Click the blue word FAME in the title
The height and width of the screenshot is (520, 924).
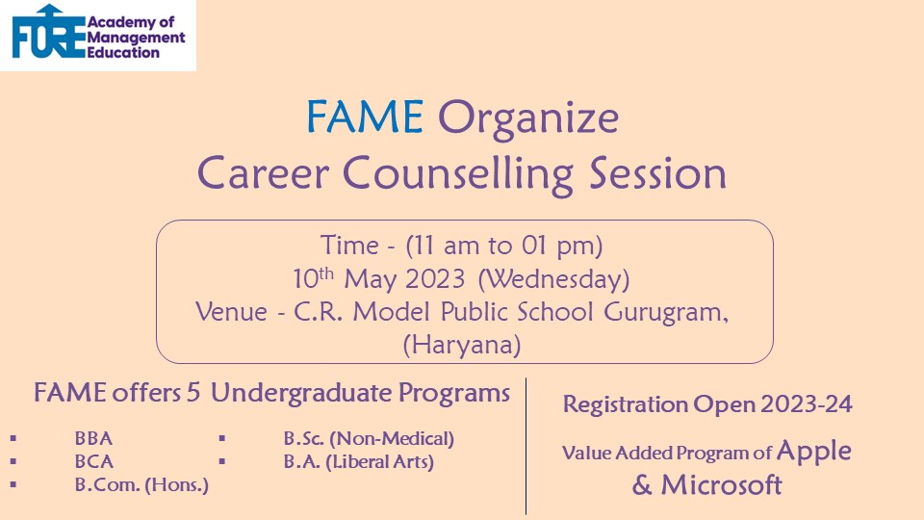[x=365, y=117]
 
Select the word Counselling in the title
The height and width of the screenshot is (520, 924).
[x=458, y=175]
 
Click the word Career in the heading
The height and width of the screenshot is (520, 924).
[x=263, y=173]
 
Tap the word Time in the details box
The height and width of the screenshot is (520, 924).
[x=349, y=245]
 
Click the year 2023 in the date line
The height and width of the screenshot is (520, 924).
[x=435, y=279]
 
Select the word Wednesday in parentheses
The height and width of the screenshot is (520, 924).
[x=554, y=279]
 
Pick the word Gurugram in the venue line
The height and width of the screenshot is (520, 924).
[x=666, y=312]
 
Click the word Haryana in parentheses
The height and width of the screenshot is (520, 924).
[x=462, y=345]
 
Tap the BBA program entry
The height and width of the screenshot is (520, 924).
[x=93, y=439]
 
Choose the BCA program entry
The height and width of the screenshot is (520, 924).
[x=93, y=461]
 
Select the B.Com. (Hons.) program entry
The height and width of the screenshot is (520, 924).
[x=141, y=484]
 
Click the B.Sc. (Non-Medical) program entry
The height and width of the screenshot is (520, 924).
[x=369, y=439]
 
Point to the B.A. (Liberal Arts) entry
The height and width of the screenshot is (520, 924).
[x=358, y=461]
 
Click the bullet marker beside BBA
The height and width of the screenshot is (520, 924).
[x=13, y=439]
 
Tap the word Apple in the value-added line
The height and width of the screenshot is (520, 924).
[x=814, y=452]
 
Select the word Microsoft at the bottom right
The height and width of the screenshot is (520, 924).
[x=721, y=485]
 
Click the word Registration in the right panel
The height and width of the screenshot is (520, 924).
[x=626, y=405]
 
